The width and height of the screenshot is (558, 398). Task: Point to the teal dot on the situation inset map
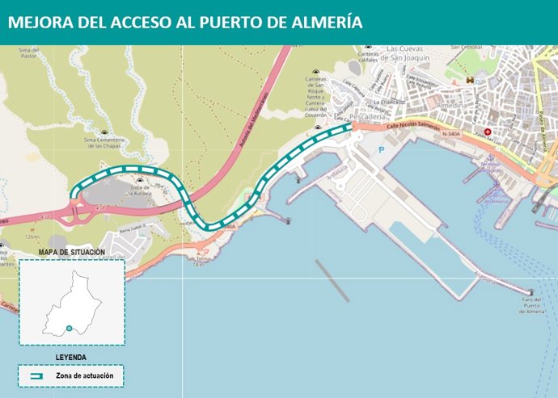click(x=70, y=328)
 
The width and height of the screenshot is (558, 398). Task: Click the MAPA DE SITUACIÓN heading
click(x=72, y=253)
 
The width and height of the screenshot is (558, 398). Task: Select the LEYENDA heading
click(x=71, y=356)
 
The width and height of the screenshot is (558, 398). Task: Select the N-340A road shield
click(x=454, y=135)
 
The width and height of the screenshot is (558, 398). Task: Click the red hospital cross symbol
click(x=487, y=132)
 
